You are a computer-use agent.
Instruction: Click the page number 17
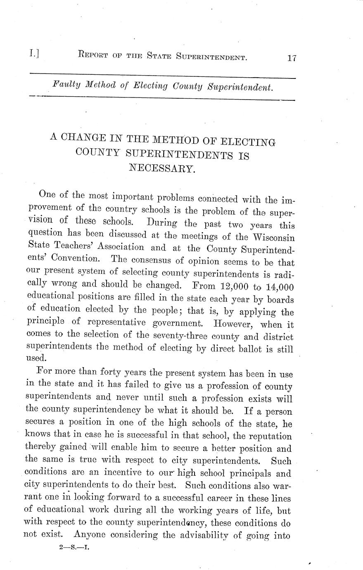click(x=292, y=58)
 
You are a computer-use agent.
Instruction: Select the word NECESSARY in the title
click(x=161, y=168)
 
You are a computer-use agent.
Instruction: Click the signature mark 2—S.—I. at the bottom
click(x=75, y=548)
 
